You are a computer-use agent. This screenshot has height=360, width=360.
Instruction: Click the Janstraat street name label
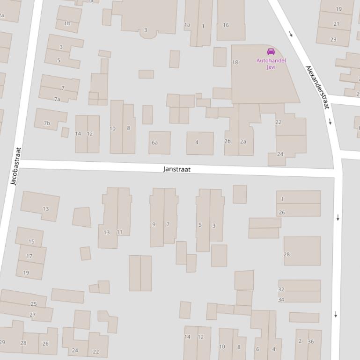[x=177, y=169]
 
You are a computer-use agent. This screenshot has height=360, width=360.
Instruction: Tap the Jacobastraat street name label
[x=16, y=166]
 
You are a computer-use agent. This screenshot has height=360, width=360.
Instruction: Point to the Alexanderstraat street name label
[x=317, y=87]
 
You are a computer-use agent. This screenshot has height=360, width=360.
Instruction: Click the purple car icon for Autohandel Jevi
[x=271, y=52]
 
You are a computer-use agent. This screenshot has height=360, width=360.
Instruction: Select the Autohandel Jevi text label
[x=271, y=64]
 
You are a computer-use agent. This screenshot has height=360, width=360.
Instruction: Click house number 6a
[x=154, y=143]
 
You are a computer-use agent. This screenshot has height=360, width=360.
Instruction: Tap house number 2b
[x=228, y=141]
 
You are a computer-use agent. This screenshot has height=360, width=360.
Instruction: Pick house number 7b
[x=47, y=123]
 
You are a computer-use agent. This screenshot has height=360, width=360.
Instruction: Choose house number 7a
[x=57, y=99]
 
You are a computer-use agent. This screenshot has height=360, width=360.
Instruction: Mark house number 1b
[x=67, y=23]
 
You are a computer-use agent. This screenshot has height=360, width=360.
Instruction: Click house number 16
[x=226, y=25]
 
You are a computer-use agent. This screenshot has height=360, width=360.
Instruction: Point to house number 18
[x=235, y=62]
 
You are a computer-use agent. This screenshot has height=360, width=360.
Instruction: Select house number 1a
[x=187, y=25]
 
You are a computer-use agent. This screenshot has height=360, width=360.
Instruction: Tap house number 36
[x=311, y=341]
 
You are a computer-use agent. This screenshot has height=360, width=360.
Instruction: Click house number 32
[x=281, y=290]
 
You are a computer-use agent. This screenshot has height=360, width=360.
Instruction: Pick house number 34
[x=281, y=300]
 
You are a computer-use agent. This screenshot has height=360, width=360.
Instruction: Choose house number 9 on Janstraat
[x=154, y=225]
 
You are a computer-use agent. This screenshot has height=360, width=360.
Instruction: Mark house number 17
[x=29, y=256]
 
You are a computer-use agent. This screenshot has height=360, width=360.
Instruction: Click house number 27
[x=33, y=315]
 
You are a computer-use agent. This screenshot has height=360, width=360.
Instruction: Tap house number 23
[x=333, y=40]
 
